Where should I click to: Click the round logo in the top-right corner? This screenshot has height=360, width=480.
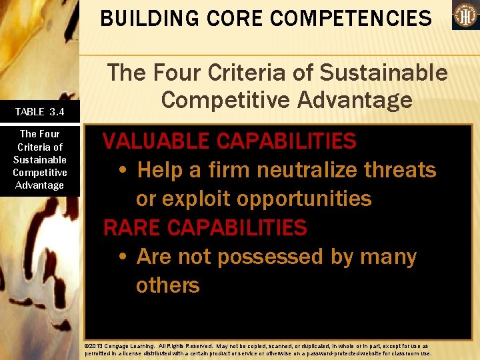point(465,15)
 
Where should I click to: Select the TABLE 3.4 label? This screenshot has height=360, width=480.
point(39,111)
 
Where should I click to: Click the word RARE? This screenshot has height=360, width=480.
point(131,228)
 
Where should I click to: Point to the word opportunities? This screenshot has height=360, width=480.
point(309,199)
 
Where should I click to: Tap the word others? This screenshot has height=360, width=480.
point(167,285)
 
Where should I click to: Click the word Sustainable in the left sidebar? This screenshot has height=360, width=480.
point(39,159)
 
